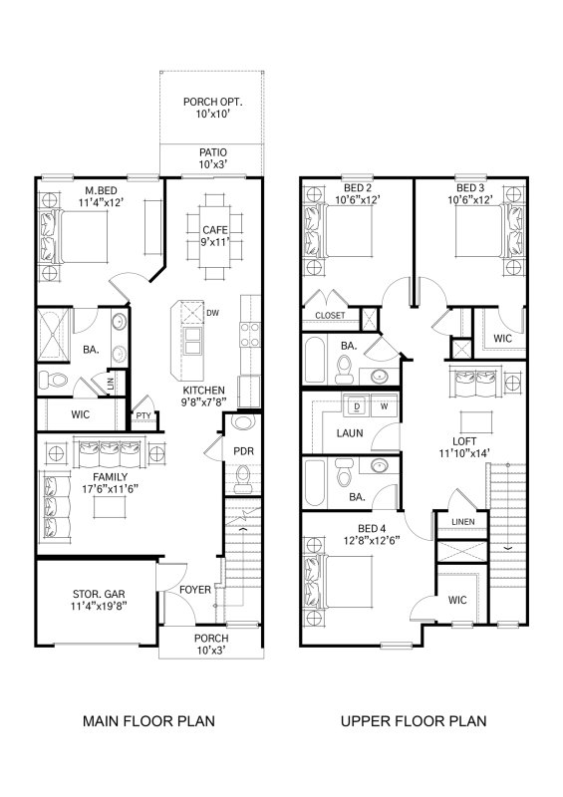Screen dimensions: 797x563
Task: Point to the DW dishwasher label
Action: [x=211, y=313]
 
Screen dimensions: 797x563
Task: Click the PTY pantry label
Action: [x=143, y=415]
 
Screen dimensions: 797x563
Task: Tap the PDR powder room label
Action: [x=244, y=451]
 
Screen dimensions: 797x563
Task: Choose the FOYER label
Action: [x=195, y=590]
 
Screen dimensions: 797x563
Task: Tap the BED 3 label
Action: [x=470, y=189]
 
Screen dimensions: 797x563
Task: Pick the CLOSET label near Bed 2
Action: [x=330, y=315]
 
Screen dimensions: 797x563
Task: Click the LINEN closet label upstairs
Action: [x=461, y=522]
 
